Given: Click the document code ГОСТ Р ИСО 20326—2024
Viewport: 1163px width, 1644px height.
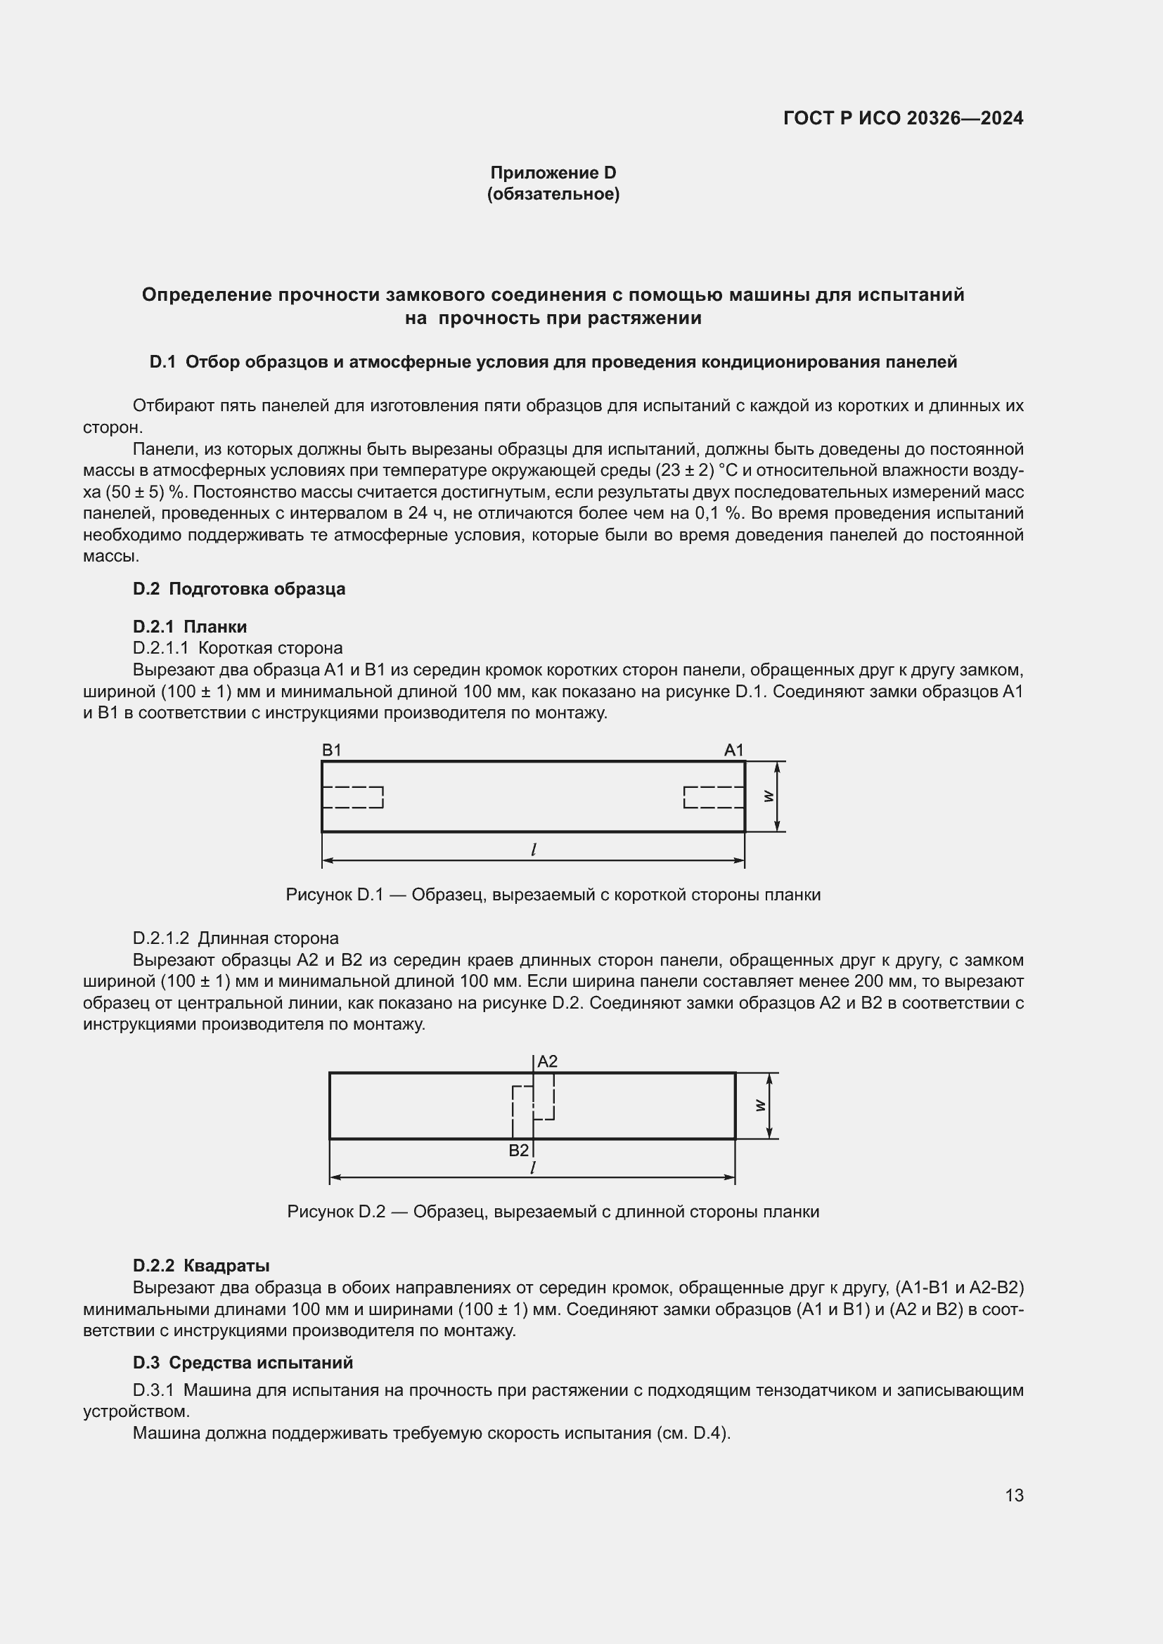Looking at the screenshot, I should pyautogui.click(x=903, y=118).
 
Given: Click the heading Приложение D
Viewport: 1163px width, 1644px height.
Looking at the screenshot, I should pyautogui.click(x=553, y=173).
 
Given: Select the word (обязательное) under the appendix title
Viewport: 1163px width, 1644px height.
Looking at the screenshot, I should pyautogui.click(x=553, y=194).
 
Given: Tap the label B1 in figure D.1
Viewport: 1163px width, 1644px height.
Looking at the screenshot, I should pyautogui.click(x=332, y=750).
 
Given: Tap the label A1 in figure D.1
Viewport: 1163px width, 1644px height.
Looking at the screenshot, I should pyautogui.click(x=734, y=750).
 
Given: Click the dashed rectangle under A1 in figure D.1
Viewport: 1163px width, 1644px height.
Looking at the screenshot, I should pyautogui.click(x=714, y=797).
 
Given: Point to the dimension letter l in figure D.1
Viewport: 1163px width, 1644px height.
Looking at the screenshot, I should pyautogui.click(x=534, y=850).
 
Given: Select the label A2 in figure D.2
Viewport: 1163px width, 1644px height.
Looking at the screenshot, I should pyautogui.click(x=547, y=1061).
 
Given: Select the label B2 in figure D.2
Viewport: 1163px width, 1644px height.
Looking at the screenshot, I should pyautogui.click(x=518, y=1150).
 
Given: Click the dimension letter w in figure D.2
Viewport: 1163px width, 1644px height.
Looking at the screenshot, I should pyautogui.click(x=761, y=1106).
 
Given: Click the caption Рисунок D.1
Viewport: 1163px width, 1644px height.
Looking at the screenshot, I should pyautogui.click(x=553, y=895).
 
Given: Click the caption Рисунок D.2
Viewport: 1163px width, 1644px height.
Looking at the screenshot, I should pyautogui.click(x=553, y=1212).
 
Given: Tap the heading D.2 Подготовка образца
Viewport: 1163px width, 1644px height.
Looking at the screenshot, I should pyautogui.click(x=239, y=588).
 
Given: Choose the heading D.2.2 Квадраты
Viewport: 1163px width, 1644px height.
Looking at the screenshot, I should pyautogui.click(x=201, y=1265).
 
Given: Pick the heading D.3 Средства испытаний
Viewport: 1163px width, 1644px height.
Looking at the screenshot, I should pyautogui.click(x=243, y=1362).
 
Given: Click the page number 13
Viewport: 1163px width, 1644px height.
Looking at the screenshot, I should pyautogui.click(x=1014, y=1495).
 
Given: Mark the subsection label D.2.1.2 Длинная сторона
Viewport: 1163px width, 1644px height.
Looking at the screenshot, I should pyautogui.click(x=236, y=938).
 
